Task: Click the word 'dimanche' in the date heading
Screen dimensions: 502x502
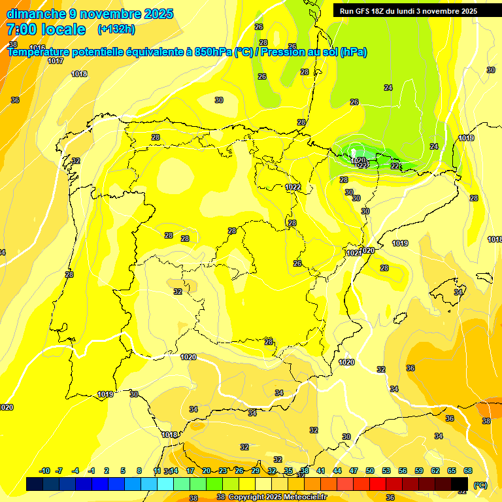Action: coord(36,14)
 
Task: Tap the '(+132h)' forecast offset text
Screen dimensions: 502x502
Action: coord(116,29)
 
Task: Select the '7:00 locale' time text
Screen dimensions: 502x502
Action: coord(46,29)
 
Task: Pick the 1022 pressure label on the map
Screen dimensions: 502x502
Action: coord(293,188)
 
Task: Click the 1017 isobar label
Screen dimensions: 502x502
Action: coord(56,61)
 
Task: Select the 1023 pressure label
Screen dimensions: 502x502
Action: coord(361,165)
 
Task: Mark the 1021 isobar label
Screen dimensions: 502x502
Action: coord(354,253)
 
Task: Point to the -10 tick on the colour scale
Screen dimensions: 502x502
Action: coord(45,471)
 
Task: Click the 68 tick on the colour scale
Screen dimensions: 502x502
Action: coord(468,471)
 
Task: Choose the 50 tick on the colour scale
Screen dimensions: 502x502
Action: coord(370,471)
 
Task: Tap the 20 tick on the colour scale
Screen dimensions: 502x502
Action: coord(207,471)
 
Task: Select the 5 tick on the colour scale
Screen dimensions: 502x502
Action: coord(123,471)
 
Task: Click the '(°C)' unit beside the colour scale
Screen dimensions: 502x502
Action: coord(480,485)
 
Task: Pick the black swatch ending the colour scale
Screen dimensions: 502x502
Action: coord(460,484)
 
